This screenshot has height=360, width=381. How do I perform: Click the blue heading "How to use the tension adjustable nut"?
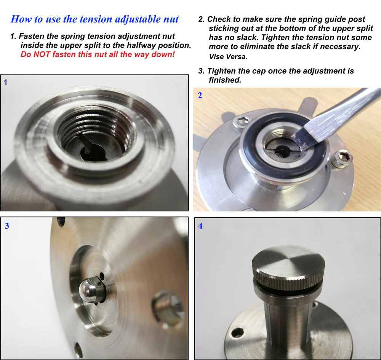(x=94, y=19)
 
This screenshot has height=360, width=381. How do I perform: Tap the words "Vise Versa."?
(x=228, y=57)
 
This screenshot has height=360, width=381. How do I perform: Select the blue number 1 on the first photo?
(x=5, y=82)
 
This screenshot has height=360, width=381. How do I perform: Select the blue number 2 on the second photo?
(x=200, y=96)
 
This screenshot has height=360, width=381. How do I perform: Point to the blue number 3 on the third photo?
(x=7, y=226)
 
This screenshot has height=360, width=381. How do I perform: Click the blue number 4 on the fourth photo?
(x=200, y=226)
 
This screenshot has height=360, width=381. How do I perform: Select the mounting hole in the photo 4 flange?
(x=237, y=333)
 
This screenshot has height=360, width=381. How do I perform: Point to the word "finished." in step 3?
(x=225, y=80)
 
